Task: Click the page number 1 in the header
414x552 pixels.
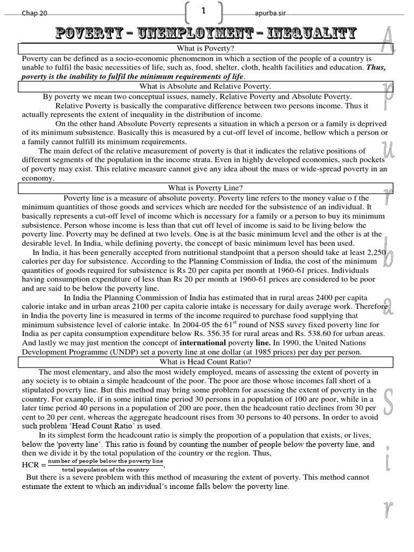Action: click(x=204, y=11)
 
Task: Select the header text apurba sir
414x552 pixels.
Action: click(x=268, y=13)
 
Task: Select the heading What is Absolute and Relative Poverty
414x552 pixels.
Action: click(x=205, y=86)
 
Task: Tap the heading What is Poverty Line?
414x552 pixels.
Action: click(x=205, y=188)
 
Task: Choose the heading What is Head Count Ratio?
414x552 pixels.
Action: click(x=205, y=362)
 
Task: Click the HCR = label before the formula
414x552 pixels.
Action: click(x=34, y=465)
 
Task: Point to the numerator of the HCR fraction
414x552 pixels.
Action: click(x=105, y=461)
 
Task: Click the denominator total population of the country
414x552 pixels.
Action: click(x=105, y=470)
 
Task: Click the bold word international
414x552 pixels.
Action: click(x=203, y=343)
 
